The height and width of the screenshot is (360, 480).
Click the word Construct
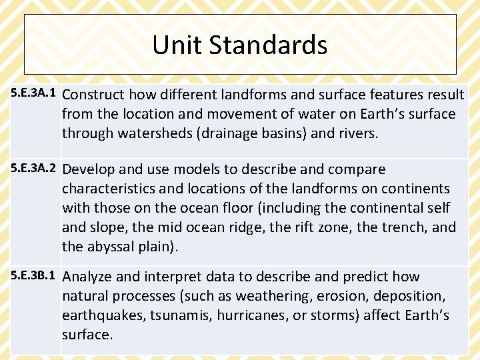click(x=93, y=95)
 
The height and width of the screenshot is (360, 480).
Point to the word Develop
click(x=89, y=169)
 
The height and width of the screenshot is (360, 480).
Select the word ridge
click(x=246, y=227)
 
